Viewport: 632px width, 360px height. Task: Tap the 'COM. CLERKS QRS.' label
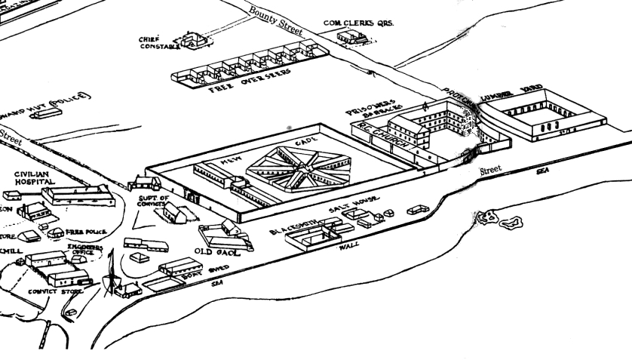(x=359, y=23)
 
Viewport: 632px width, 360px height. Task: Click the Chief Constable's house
(x=191, y=40)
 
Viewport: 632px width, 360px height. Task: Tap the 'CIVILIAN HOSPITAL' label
(x=35, y=178)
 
